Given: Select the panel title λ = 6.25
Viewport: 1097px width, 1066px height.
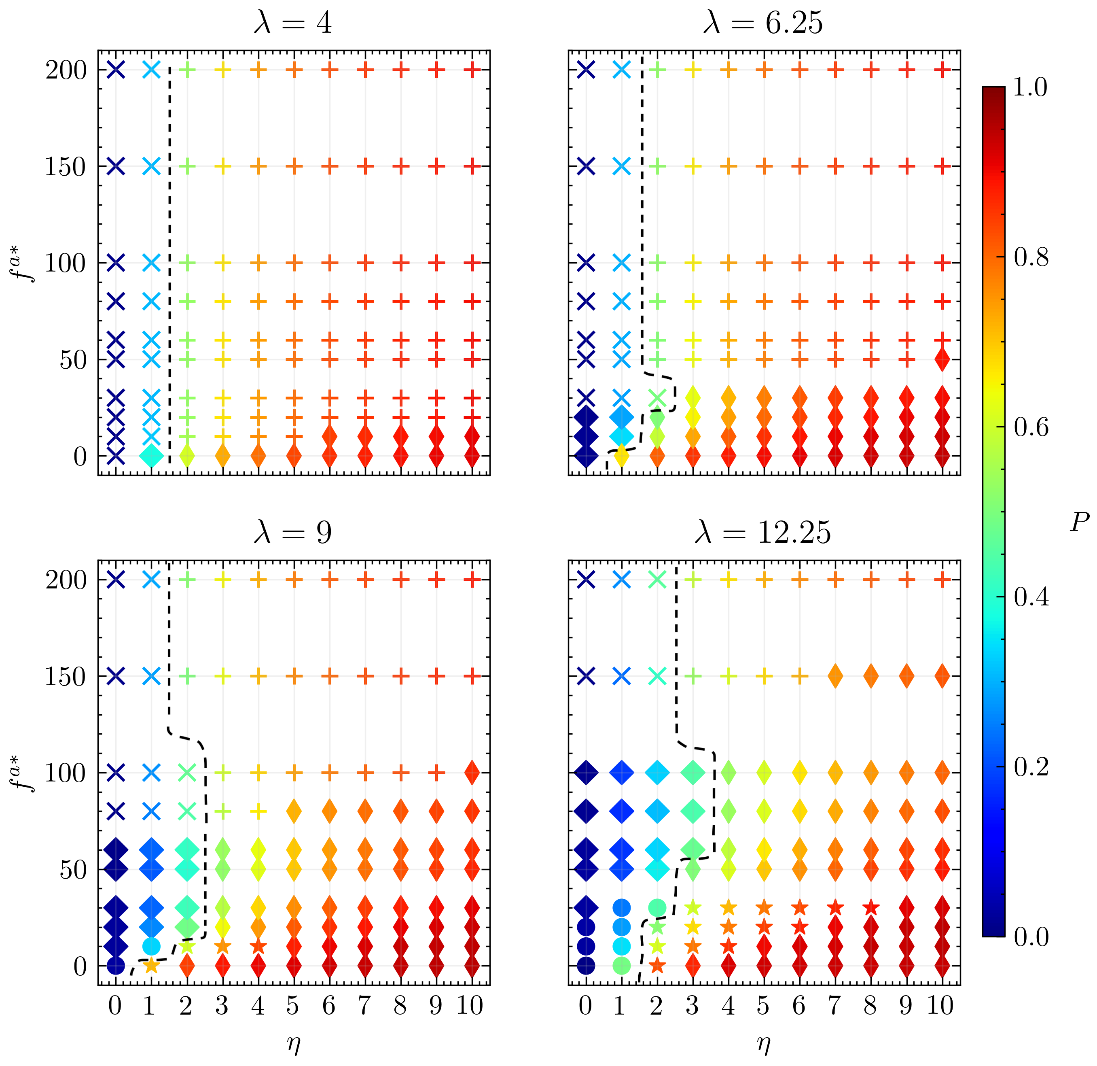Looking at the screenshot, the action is tap(763, 24).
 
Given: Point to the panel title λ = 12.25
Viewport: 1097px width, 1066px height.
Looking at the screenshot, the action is tap(763, 533).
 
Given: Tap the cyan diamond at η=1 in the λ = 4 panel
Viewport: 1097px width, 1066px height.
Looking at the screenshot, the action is tap(151, 456).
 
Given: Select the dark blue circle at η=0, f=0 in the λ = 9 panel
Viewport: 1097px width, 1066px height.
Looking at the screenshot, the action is tap(115, 966).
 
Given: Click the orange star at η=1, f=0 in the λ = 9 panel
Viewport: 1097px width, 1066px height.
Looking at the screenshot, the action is tap(151, 965).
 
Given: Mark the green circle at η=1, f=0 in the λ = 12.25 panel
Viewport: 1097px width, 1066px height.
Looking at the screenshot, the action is tap(621, 966).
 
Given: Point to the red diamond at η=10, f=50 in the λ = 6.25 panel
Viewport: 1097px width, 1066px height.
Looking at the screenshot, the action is tap(942, 359).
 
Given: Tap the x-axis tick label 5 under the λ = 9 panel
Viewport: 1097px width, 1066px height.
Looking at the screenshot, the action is tap(293, 1007).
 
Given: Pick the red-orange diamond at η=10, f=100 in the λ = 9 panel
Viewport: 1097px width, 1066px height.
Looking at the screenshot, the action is tap(472, 773).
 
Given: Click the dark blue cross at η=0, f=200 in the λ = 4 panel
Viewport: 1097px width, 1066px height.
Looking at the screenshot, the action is tap(115, 70).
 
